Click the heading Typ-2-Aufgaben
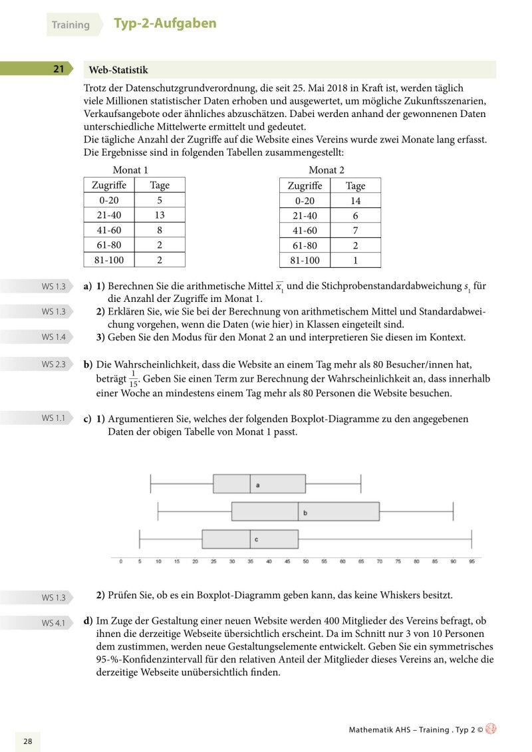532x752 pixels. click(165, 24)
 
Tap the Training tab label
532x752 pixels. click(70, 25)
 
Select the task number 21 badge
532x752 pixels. click(59, 69)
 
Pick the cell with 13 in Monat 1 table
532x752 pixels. click(160, 215)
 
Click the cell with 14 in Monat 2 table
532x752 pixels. click(355, 200)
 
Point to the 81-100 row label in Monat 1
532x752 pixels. click(108, 260)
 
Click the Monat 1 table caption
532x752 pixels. click(130, 170)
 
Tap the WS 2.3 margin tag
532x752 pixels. click(53, 364)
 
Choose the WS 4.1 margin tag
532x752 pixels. click(53, 622)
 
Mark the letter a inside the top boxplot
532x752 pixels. click(258, 485)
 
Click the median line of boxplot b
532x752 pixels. click(298, 512)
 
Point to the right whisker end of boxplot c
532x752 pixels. click(471, 539)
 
